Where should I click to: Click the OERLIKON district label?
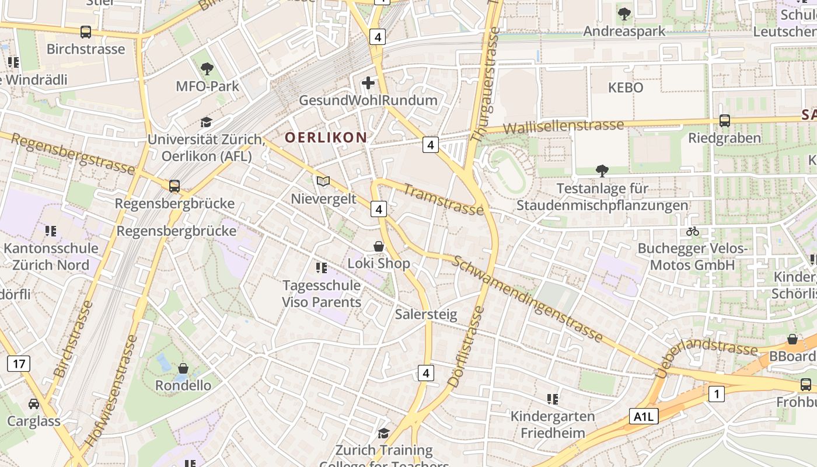(326, 138)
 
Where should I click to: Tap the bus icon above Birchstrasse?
(86, 32)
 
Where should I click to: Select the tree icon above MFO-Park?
(207, 69)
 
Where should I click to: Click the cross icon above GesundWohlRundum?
(368, 83)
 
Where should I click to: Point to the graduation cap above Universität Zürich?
(207, 122)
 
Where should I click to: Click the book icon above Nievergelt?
(323, 182)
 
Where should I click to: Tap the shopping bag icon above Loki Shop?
(379, 246)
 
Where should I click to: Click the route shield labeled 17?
(19, 364)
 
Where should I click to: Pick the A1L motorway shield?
(644, 416)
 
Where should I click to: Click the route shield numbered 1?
(716, 394)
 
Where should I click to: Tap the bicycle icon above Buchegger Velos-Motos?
(693, 231)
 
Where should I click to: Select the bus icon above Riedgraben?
(725, 121)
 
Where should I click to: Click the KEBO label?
(626, 88)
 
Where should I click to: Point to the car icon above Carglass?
(34, 404)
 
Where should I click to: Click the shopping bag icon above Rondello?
(183, 368)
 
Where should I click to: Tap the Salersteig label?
(426, 314)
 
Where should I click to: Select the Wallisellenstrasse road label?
(563, 126)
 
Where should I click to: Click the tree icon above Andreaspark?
(624, 13)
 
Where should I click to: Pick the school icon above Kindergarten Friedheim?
(553, 399)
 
